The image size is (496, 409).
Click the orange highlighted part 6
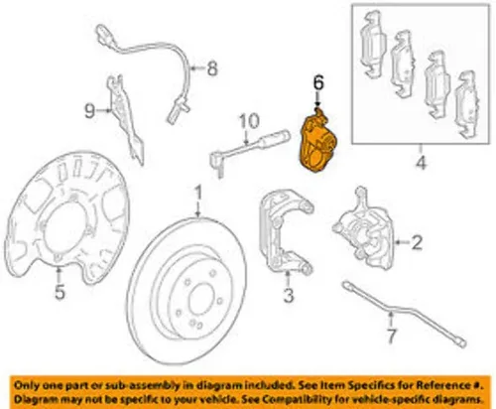point(317,142)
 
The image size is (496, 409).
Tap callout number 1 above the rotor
point(198,194)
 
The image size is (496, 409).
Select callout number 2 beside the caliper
point(417,242)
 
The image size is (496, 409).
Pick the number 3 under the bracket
point(288,294)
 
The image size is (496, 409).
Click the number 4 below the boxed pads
point(421,163)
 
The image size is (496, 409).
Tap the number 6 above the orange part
point(318,82)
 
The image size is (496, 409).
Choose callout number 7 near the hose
point(391,337)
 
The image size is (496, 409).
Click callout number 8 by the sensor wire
point(212,68)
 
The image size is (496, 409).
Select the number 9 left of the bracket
point(89,111)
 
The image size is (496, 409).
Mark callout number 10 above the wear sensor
point(249,121)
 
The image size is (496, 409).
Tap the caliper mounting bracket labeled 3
point(286,230)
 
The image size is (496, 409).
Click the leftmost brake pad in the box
point(373,44)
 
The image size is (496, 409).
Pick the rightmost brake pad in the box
point(467,104)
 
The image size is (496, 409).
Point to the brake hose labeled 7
point(404,313)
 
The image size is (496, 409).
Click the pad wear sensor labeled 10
point(250,148)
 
